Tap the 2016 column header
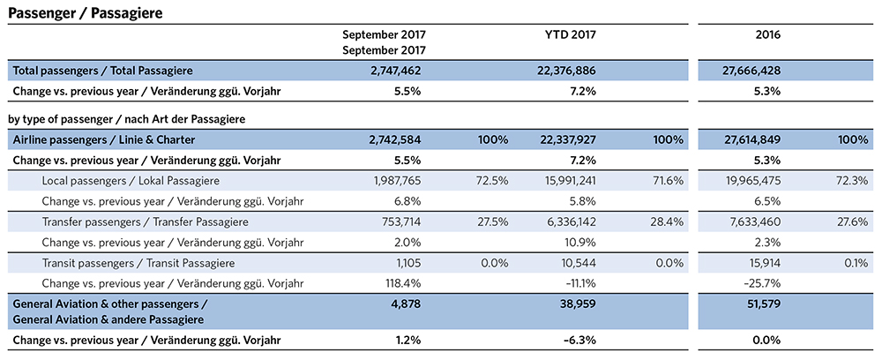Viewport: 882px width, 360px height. click(767, 35)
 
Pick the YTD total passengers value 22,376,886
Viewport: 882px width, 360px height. click(571, 70)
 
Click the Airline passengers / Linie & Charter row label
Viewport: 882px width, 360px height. click(103, 139)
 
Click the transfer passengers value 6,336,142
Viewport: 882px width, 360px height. click(572, 221)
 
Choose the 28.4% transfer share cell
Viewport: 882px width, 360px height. click(670, 221)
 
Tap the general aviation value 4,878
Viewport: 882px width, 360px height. click(403, 304)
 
